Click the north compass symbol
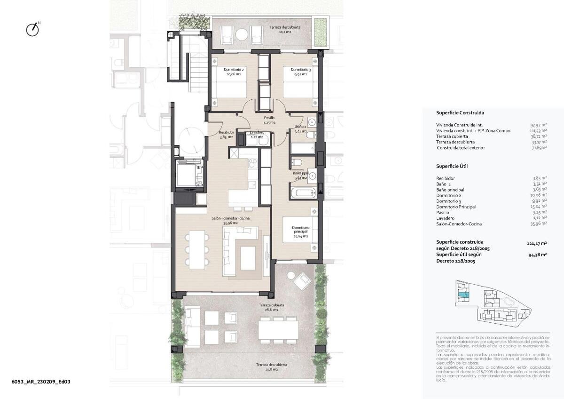(x=32, y=29)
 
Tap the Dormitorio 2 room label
(x=234, y=72)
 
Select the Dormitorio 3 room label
(x=298, y=72)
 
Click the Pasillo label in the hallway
(x=269, y=120)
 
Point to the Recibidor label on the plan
(x=227, y=135)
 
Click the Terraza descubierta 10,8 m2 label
(x=271, y=367)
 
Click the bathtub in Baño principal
(x=304, y=193)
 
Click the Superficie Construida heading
(x=460, y=113)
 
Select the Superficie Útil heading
(x=452, y=167)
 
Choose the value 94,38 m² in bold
(x=537, y=255)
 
